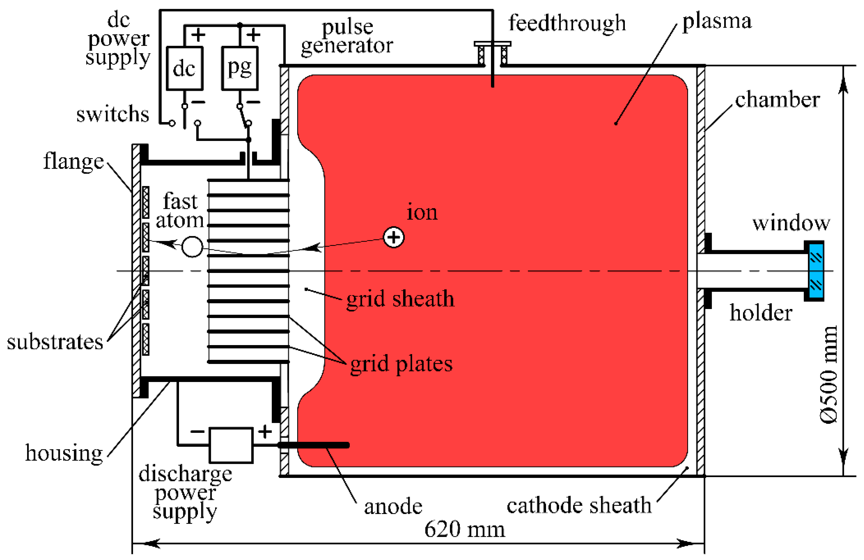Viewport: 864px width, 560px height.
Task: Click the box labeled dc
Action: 184,68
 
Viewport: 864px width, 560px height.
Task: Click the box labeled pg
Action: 239,68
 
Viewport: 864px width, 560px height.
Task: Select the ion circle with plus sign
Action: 393,237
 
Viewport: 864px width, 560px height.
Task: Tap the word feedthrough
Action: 567,23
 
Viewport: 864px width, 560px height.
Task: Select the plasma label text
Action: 717,21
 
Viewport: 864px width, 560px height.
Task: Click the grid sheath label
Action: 400,299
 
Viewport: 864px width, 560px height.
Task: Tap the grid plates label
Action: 401,364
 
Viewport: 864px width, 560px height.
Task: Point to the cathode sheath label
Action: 579,505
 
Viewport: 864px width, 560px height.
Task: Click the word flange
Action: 73,161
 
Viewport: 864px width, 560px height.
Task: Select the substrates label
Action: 55,342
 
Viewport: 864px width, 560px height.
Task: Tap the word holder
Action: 761,312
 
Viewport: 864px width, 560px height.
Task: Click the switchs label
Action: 113,114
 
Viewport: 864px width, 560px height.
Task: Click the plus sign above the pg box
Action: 253,35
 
